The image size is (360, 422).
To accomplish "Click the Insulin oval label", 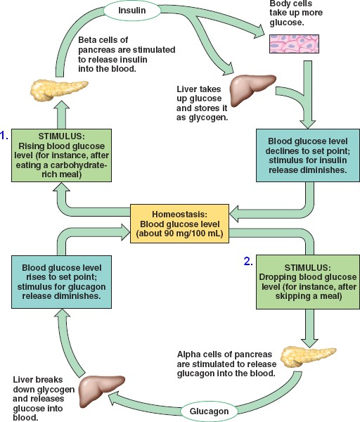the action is pyautogui.click(x=132, y=11).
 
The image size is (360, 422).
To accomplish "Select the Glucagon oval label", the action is pyautogui.click(x=209, y=411).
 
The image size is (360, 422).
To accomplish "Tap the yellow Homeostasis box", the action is pyautogui.click(x=180, y=224).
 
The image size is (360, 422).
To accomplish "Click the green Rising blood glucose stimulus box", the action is pyautogui.click(x=62, y=155).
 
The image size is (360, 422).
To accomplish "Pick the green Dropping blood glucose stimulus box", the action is pyautogui.click(x=308, y=282).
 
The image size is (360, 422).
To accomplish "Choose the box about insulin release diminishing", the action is pyautogui.click(x=308, y=155).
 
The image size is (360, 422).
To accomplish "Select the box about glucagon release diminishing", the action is pyautogui.click(x=62, y=282).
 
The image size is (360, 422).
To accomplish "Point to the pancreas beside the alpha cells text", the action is pyautogui.click(x=307, y=357).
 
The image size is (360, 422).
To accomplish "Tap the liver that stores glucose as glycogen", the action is pyautogui.click(x=252, y=89).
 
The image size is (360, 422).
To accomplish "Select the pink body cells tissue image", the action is pyautogui.click(x=294, y=44).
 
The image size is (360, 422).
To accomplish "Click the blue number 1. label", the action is pyautogui.click(x=4, y=136).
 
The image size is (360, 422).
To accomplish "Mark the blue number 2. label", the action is pyautogui.click(x=248, y=262).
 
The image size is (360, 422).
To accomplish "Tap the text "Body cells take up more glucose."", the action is pyautogui.click(x=296, y=13).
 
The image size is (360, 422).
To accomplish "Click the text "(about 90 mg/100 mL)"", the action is pyautogui.click(x=180, y=234).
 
